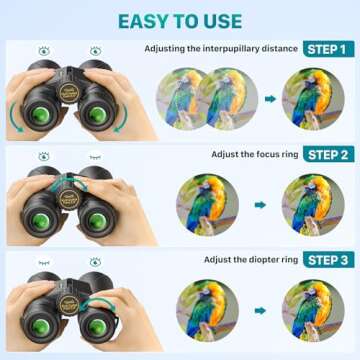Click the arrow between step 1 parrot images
coord(270,99)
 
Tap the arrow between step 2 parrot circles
coord(260,204)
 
